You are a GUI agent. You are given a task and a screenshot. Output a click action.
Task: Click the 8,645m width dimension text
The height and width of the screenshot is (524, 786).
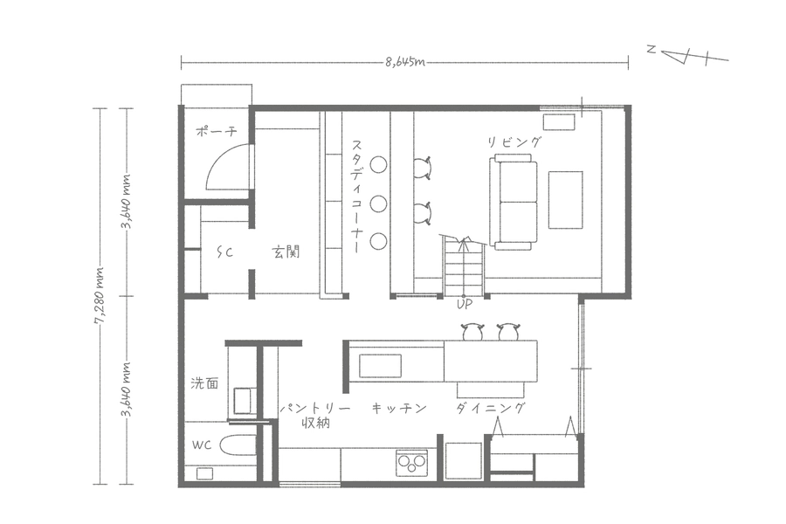click(405, 62)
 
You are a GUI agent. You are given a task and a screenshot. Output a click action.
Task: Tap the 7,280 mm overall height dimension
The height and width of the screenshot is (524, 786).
click(100, 296)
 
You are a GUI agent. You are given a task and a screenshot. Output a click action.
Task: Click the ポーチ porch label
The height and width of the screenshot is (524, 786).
click(216, 132)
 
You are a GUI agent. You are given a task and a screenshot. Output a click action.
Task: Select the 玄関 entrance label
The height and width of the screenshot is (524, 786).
click(286, 252)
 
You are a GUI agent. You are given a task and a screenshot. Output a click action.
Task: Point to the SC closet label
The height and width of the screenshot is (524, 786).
click(225, 252)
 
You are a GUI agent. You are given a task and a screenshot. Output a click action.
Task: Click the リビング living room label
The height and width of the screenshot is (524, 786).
click(514, 142)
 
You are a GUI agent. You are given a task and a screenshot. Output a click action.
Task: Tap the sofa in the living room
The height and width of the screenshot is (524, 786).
click(514, 202)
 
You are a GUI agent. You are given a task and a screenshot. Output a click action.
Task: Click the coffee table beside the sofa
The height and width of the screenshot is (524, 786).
click(565, 200)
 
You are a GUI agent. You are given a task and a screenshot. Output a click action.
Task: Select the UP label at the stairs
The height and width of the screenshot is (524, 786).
click(465, 304)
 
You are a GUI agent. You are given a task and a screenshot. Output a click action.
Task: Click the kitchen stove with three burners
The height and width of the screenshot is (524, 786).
click(412, 463)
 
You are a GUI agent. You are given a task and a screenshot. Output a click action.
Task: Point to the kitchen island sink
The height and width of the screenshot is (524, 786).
click(380, 366)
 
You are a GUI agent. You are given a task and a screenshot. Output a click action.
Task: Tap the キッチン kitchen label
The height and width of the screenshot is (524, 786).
click(399, 408)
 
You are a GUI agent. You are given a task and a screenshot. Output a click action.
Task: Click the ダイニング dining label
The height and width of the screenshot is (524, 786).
click(491, 408)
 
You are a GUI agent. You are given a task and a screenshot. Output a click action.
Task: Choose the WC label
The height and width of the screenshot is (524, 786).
click(202, 445)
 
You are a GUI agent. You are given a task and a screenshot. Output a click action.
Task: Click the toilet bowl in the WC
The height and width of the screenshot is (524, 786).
click(238, 445)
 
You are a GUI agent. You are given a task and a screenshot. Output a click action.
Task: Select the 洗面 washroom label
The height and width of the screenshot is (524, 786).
click(205, 383)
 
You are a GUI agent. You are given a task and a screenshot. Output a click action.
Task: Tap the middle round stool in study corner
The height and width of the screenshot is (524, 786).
click(378, 203)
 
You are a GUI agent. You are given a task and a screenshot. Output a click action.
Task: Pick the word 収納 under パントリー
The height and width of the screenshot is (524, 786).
click(316, 424)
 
